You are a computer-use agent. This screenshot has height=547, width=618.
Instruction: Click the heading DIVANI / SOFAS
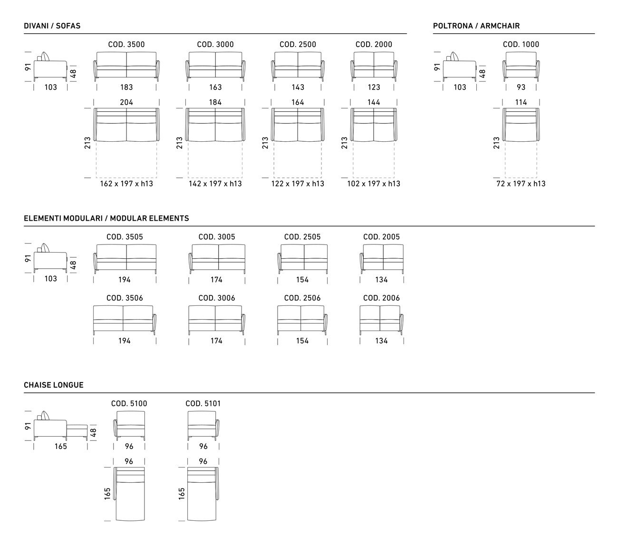pyautogui.click(x=52, y=26)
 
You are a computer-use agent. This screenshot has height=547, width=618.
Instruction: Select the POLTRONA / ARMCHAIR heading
pyautogui.click(x=476, y=26)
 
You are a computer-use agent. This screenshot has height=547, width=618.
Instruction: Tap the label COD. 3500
pyautogui.click(x=126, y=44)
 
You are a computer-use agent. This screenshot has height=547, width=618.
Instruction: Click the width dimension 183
pyautogui.click(x=126, y=88)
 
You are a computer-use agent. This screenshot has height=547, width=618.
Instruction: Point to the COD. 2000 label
pyautogui.click(x=374, y=44)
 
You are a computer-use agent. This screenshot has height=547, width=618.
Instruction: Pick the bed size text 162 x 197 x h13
pyautogui.click(x=126, y=184)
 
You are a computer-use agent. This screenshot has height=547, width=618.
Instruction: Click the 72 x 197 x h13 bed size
pyautogui.click(x=521, y=184)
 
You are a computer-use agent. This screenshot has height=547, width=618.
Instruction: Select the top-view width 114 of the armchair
pyautogui.click(x=521, y=102)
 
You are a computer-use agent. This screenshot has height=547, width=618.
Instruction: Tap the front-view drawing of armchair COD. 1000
pyautogui.click(x=521, y=67)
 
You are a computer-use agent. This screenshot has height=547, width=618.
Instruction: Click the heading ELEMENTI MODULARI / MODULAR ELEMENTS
pyautogui.click(x=106, y=218)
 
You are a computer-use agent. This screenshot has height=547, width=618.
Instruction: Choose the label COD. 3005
pyautogui.click(x=217, y=237)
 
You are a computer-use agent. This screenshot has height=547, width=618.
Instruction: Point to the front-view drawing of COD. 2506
pyautogui.click(x=302, y=320)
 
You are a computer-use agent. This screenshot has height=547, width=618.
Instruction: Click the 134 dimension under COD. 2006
pyautogui.click(x=381, y=341)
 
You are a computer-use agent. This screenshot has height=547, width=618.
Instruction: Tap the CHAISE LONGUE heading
pyautogui.click(x=54, y=385)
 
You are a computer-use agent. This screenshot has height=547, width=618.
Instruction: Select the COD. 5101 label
pyautogui.click(x=203, y=403)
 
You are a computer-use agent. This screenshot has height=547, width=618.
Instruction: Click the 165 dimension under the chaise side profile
pyautogui.click(x=60, y=446)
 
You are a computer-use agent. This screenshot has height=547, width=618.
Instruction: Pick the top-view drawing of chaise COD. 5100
pyautogui.click(x=129, y=494)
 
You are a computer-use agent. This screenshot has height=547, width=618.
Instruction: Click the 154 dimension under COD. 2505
pyautogui.click(x=302, y=280)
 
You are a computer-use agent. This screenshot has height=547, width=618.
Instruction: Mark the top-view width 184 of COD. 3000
pyautogui.click(x=215, y=102)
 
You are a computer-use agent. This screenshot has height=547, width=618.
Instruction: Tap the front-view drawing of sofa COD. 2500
pyautogui.click(x=298, y=67)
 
